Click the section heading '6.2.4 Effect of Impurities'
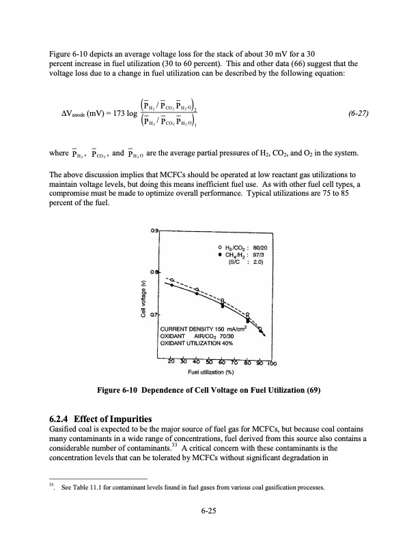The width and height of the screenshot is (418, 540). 102,418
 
